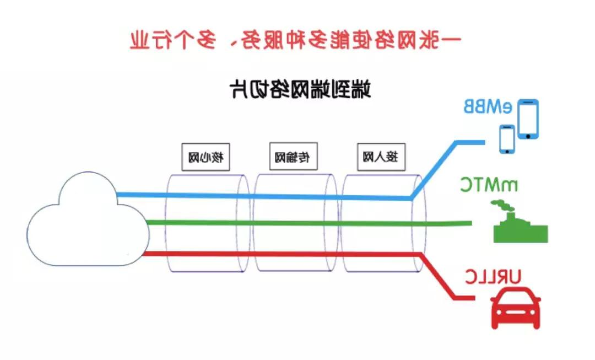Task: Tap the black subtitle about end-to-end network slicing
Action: click(x=300, y=88)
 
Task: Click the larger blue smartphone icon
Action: click(x=527, y=119)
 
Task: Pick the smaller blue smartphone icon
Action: click(x=507, y=139)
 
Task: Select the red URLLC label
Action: click(x=492, y=276)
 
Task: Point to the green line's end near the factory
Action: click(x=468, y=223)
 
